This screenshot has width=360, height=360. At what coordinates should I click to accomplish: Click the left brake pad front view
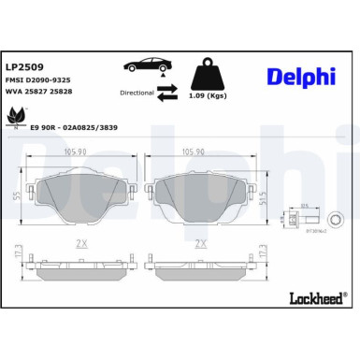(81, 194)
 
